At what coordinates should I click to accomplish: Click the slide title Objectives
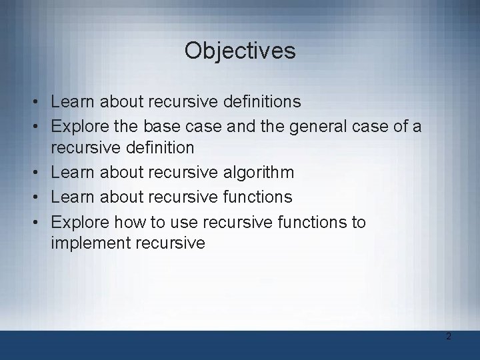240,51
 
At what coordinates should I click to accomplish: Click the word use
179,221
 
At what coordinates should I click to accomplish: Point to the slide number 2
449,336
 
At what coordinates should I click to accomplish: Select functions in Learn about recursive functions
255,197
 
